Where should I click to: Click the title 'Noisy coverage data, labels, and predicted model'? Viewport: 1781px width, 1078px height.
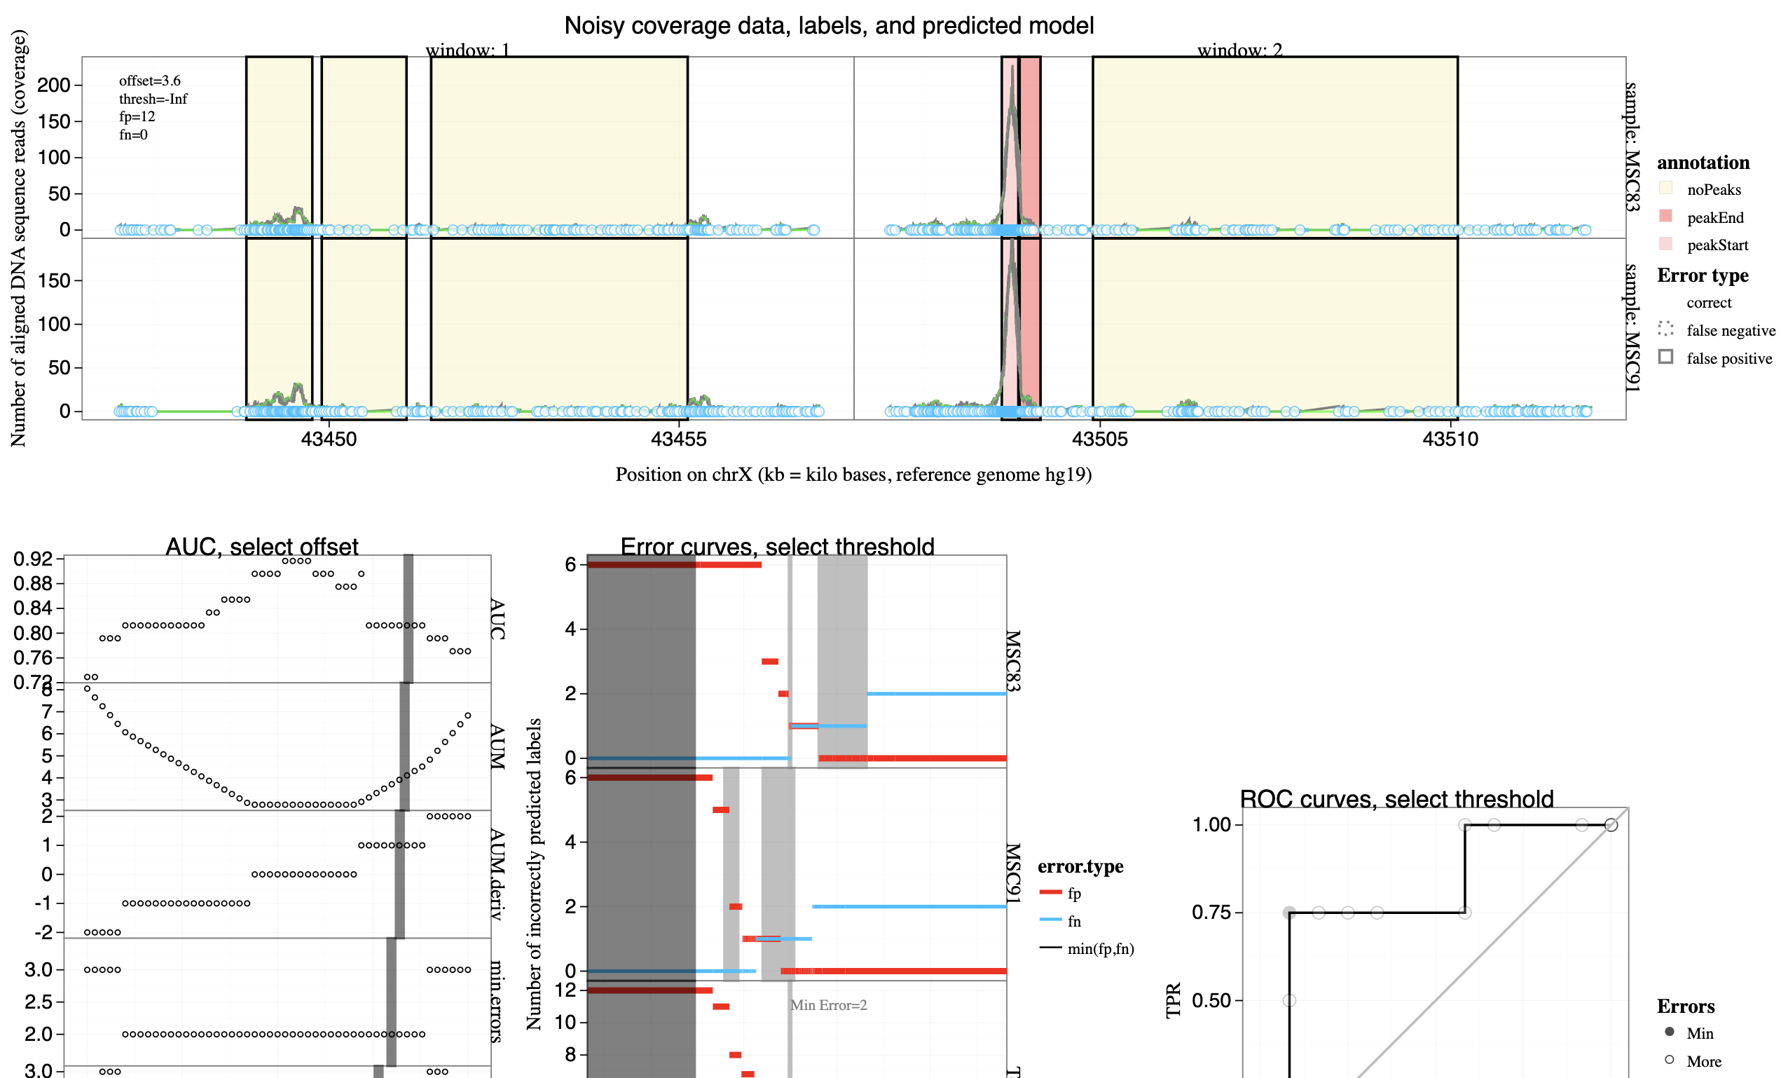[x=828, y=26]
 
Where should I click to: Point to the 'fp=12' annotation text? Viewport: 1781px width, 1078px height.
[x=137, y=116]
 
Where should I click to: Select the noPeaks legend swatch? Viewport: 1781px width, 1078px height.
[x=1666, y=189]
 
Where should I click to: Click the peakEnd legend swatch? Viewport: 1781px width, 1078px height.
[x=1666, y=216]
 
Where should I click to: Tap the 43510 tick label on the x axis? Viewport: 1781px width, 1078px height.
[x=1450, y=439]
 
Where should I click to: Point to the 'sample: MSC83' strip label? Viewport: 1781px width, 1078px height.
[x=1631, y=146]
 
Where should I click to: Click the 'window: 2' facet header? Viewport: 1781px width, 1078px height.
[x=1239, y=50]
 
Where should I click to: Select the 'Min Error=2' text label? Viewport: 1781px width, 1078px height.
[x=828, y=1005]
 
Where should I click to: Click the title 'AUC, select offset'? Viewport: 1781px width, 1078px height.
[x=261, y=547]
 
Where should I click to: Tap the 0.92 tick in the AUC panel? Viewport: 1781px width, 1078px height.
[x=33, y=559]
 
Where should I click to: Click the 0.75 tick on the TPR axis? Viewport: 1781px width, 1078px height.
[x=1211, y=913]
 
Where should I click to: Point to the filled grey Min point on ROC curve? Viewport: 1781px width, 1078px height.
[x=1288, y=913]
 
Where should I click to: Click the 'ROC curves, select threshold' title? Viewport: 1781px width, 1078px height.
[x=1396, y=799]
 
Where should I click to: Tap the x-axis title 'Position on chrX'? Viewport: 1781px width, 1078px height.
[x=853, y=475]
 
